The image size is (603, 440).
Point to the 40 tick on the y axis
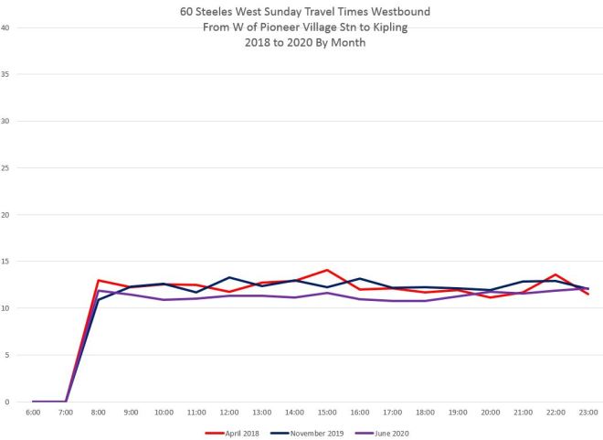tap(5, 27)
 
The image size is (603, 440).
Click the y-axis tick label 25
tap(5, 167)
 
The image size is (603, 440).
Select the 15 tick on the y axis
tap(5, 262)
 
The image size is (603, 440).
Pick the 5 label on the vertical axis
tap(7, 356)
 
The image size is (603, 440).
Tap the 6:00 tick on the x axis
tap(33, 413)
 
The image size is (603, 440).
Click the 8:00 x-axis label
tap(99, 413)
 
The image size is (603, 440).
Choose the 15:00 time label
tap(325, 413)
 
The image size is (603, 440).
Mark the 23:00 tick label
tap(587, 413)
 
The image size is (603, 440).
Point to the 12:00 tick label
tap(228, 413)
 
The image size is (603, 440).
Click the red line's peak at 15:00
tap(325, 270)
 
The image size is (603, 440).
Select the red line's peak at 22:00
tap(555, 274)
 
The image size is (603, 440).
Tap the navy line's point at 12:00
tap(228, 277)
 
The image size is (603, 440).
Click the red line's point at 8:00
tap(99, 280)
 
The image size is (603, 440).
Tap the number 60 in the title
tap(186, 13)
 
